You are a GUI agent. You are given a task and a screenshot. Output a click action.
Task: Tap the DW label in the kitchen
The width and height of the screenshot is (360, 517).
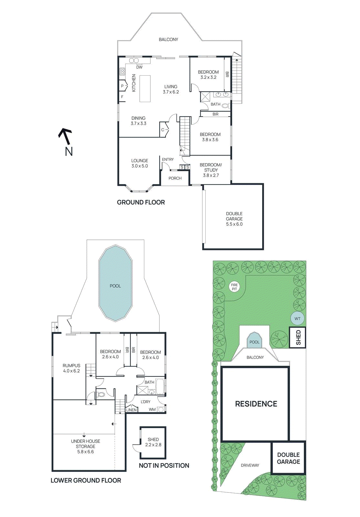(x=139, y=67)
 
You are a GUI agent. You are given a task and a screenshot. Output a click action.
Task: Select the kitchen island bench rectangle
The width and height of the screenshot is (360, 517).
(x=145, y=89)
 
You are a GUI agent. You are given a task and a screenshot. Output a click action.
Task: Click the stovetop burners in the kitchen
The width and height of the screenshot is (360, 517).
(x=122, y=71)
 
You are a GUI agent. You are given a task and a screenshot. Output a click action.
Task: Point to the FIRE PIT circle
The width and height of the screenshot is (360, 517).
(x=234, y=287)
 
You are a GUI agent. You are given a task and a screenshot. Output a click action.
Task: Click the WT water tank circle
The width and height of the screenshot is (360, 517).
(x=297, y=319)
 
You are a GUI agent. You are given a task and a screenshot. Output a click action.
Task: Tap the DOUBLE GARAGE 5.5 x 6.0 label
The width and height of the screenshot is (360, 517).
(x=234, y=219)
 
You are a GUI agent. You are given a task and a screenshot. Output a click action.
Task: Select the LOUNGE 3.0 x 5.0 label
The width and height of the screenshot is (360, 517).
(x=139, y=163)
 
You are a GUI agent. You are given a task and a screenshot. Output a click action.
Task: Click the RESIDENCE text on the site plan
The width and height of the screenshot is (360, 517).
(x=256, y=404)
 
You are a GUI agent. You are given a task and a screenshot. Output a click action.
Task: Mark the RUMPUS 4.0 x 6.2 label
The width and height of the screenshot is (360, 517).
(x=71, y=368)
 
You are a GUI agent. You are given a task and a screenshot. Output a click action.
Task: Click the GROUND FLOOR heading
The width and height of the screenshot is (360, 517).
(x=141, y=202)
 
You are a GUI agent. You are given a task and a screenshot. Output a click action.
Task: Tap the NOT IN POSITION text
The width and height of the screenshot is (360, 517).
(x=164, y=466)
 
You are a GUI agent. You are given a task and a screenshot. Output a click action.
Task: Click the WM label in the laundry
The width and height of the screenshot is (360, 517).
(x=152, y=409)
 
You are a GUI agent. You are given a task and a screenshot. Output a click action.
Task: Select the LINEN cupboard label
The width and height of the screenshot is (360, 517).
(x=131, y=410)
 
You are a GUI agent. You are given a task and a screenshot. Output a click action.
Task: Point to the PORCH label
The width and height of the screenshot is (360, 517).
(x=175, y=178)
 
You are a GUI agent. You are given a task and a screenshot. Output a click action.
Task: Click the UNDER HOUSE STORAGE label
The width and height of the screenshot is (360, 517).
(x=86, y=446)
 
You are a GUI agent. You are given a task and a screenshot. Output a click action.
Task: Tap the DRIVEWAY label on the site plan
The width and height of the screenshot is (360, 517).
(x=250, y=465)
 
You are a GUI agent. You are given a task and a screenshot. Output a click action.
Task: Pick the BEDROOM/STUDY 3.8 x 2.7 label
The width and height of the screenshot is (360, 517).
(x=211, y=170)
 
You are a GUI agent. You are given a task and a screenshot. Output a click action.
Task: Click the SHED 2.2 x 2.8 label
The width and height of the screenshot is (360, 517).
(x=153, y=442)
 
